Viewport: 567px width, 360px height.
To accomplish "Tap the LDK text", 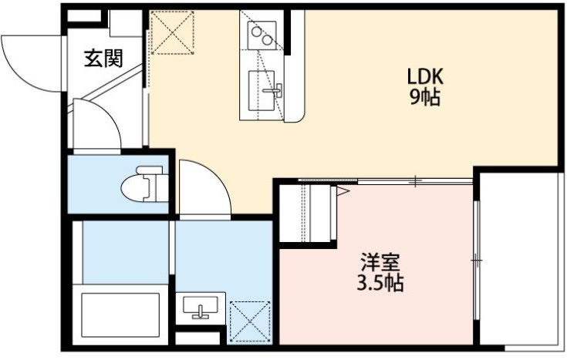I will [424, 78].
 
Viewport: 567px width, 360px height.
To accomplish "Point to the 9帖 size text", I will [424, 98].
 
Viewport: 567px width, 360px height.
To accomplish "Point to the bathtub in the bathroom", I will [118, 315].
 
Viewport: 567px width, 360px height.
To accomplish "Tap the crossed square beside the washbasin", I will [249, 320].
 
